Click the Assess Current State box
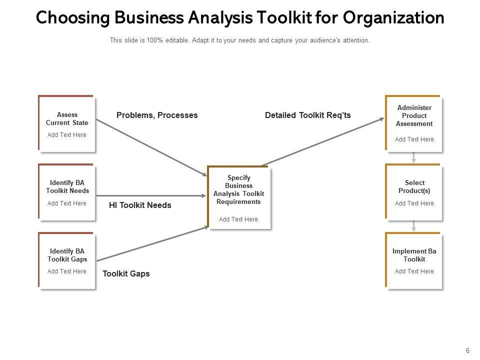67,124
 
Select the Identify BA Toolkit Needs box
67,192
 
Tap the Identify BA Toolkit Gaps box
67,260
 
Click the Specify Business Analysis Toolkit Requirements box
239,198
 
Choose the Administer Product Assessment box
414,123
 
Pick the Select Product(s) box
414,192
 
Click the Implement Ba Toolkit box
414,260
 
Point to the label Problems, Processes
157,115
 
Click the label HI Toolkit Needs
140,205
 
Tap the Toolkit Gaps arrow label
126,274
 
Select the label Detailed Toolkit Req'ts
307,115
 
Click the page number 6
467,350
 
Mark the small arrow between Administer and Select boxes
414,157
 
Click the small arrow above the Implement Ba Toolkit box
414,226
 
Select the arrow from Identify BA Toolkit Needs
150,195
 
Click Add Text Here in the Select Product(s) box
414,203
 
